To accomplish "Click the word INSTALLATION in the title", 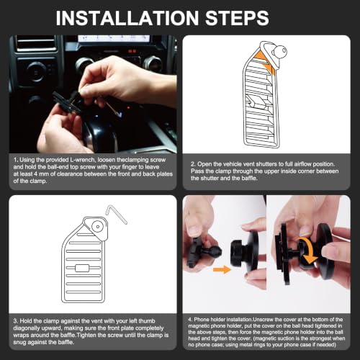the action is pos(127,18).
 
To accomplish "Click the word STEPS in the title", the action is pos(237,18).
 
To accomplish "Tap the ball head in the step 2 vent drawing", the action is pos(279,51).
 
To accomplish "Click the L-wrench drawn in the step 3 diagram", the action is pos(116,214).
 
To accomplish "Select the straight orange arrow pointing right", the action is pos(222,269).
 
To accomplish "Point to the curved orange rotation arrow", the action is pos(310,251).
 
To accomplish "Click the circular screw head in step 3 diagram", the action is pos(98,227).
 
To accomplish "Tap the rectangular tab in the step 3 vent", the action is pos(82,268).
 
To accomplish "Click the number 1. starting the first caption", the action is pos(16,160).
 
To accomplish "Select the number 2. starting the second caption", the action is pos(193,164).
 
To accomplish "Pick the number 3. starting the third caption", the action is pos(16,321).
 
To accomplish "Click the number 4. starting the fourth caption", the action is pos(190,320).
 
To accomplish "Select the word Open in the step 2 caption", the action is pos(204,164).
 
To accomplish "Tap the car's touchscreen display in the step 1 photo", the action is pos(114,38).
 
